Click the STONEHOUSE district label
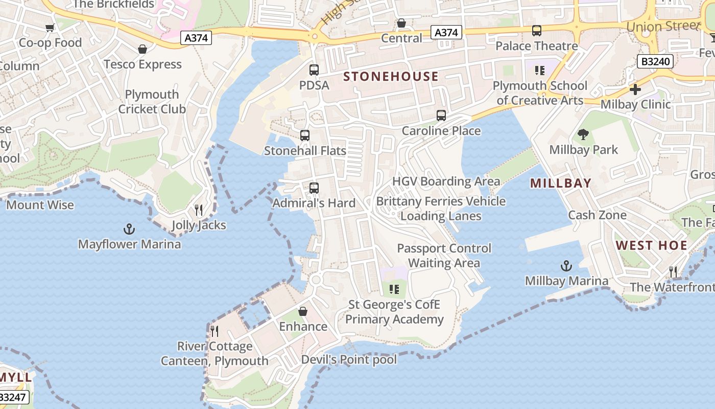point(391,77)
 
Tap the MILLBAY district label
point(560,183)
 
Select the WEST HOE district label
point(651,245)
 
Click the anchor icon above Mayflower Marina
point(129,229)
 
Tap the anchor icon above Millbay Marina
point(566,265)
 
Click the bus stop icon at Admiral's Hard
point(314,188)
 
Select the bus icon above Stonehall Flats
point(305,135)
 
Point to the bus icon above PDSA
point(314,70)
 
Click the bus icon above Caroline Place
point(441,116)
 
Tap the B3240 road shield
point(656,61)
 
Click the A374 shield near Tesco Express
point(197,37)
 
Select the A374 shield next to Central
point(446,32)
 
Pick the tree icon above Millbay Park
point(583,134)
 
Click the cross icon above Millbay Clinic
point(635,89)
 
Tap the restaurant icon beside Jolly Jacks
point(199,210)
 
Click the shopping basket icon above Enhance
point(303,311)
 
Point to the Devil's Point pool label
point(349,359)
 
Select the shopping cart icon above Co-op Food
point(50,28)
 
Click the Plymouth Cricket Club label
point(152,102)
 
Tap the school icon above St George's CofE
point(394,289)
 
